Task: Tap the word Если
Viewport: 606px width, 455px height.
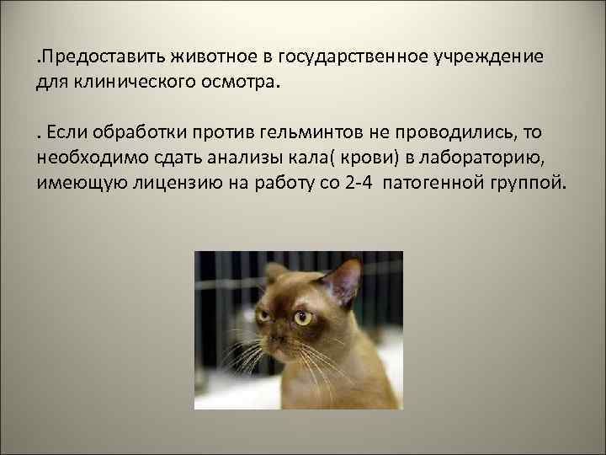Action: (68, 133)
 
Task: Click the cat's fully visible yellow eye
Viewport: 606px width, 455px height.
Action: (301, 318)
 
